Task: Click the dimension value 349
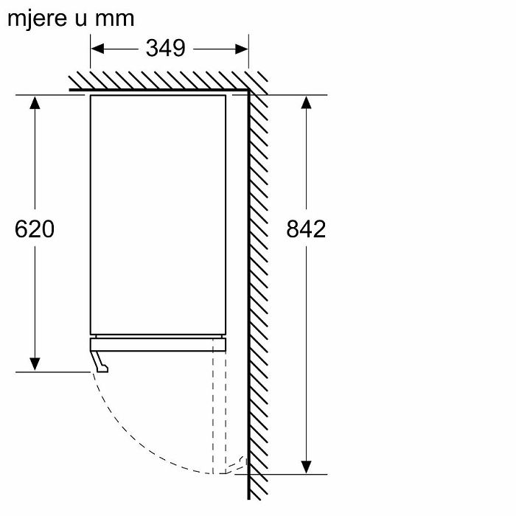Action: click(x=166, y=49)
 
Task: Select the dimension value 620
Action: click(x=35, y=229)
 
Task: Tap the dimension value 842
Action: click(x=306, y=229)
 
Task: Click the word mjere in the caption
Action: click(x=37, y=18)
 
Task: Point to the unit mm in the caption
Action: click(x=114, y=19)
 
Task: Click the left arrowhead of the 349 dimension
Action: click(x=97, y=49)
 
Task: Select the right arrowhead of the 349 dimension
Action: click(x=242, y=49)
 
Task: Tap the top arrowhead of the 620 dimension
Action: click(x=35, y=102)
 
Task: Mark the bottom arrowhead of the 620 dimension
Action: click(x=35, y=364)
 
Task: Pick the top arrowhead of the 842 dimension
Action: click(x=306, y=102)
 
